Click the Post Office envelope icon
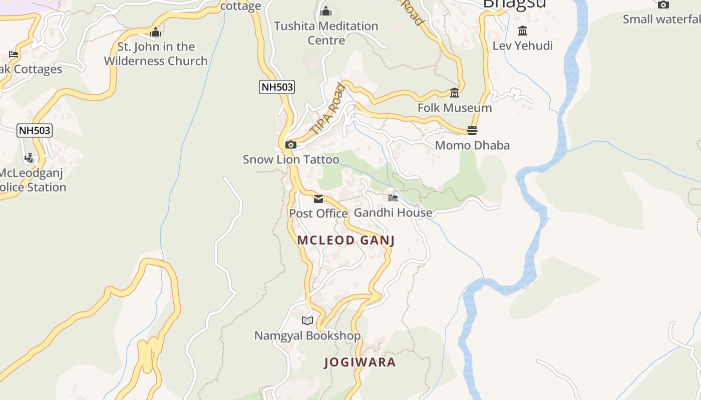click(318, 199)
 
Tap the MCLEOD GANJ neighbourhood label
click(346, 240)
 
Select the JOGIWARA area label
click(360, 362)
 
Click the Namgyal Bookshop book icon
click(307, 320)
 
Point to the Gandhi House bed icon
click(393, 198)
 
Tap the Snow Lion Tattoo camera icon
click(290, 145)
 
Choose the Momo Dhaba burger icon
click(472, 130)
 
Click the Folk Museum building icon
click(455, 93)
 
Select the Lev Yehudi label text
click(523, 46)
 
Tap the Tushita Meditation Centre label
click(326, 33)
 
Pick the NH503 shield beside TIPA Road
click(277, 87)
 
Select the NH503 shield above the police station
click(35, 131)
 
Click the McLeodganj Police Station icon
click(29, 158)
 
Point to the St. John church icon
click(156, 32)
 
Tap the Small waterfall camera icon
click(663, 4)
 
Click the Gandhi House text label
click(393, 213)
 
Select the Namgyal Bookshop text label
click(307, 335)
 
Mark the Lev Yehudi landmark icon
click(523, 31)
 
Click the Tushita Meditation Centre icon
click(326, 11)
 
